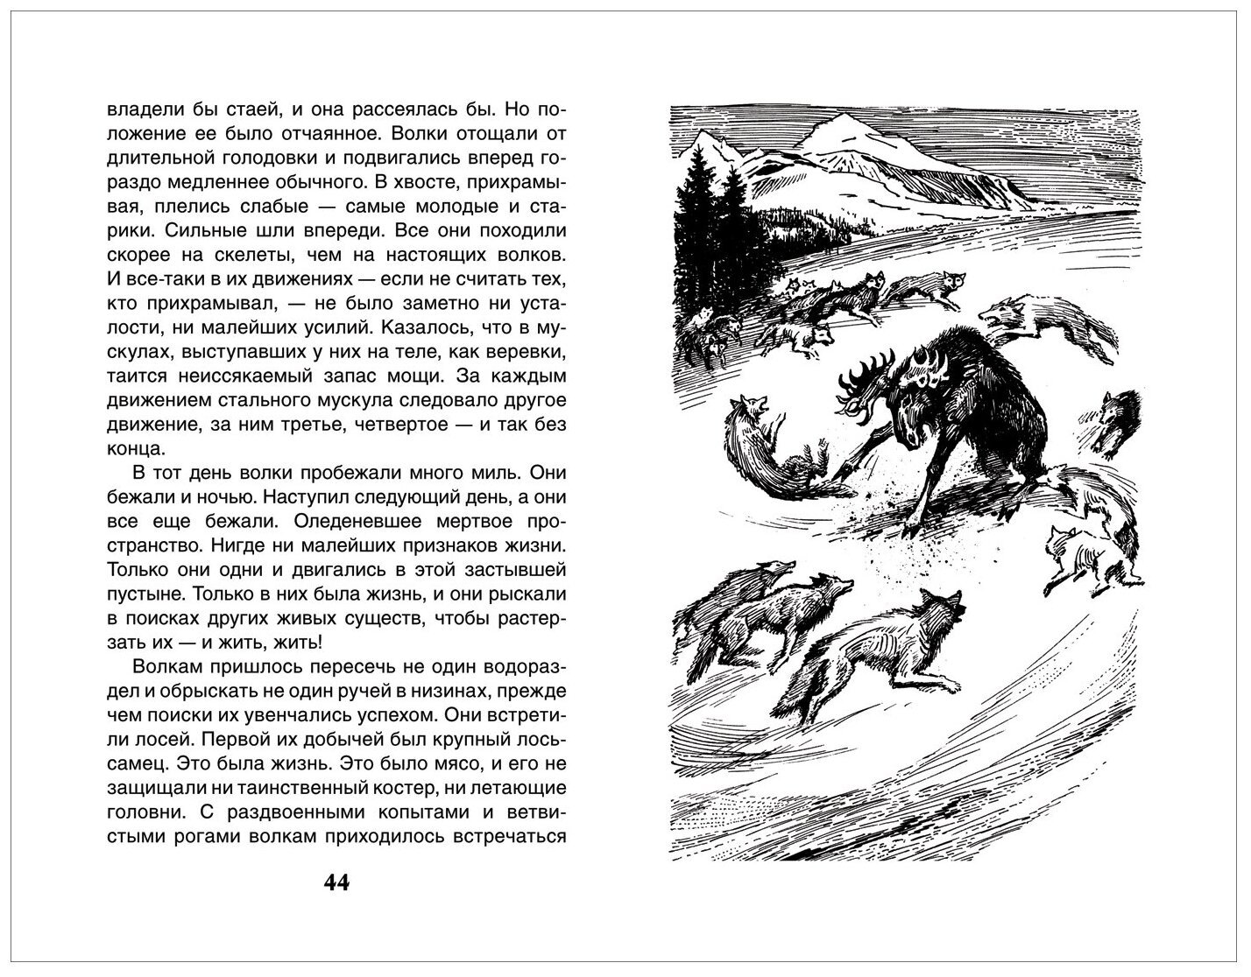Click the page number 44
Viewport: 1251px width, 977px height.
336,882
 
